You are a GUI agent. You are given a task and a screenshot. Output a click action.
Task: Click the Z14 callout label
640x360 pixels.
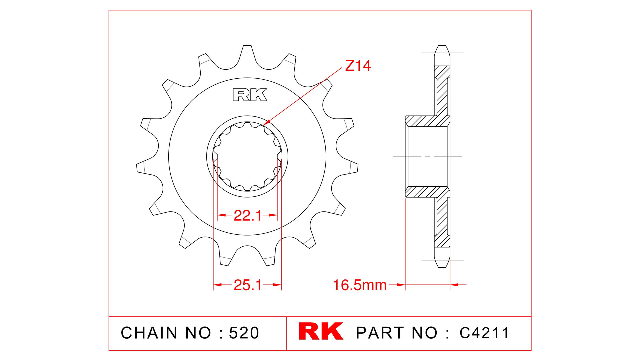coord(358,66)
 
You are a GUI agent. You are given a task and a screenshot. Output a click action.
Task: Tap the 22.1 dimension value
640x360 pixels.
coord(247,216)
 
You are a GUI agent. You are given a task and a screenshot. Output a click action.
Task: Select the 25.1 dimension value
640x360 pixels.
coord(247,285)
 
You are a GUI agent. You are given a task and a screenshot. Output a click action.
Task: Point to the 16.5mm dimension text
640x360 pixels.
coord(360,285)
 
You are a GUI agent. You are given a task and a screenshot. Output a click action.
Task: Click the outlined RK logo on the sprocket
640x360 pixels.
coord(250,95)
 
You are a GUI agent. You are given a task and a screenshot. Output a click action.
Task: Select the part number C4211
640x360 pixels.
coord(484,333)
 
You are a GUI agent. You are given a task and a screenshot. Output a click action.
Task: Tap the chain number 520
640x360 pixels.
coord(244,333)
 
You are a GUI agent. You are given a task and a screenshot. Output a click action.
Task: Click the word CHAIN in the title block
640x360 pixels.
coord(149,333)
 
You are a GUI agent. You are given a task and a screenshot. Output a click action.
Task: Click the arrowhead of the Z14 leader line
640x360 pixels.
coord(266,124)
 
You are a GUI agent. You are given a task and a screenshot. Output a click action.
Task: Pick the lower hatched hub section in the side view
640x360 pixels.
coord(427,192)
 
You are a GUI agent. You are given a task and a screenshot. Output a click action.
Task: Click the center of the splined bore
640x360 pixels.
coord(247,157)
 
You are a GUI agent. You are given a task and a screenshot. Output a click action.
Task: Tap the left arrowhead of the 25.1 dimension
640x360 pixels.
coord(217,285)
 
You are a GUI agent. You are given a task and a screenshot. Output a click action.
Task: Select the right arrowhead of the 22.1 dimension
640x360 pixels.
coord(274,215)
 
